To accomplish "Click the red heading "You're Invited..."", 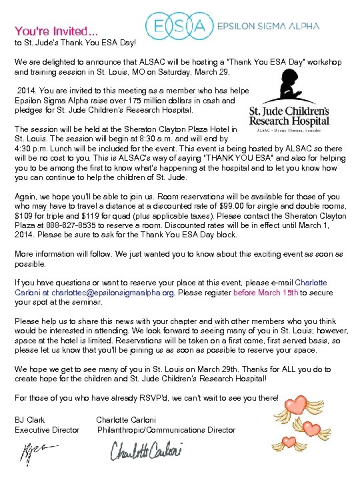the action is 56,31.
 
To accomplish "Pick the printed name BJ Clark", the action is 30,420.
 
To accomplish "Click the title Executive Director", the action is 47,430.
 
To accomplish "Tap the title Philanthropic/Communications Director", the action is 166,430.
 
